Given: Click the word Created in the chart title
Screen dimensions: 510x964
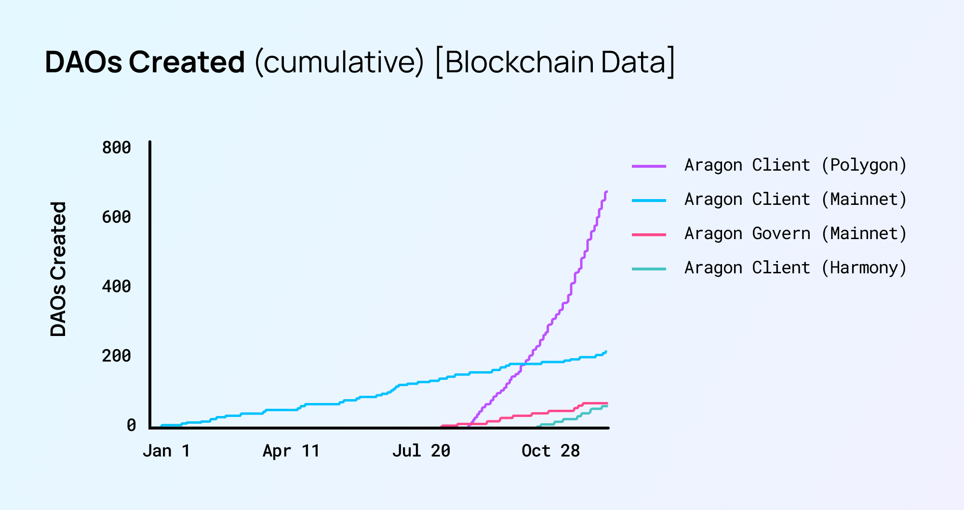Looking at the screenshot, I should point(187,62).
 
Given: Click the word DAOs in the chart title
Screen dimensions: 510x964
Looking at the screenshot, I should point(84,62).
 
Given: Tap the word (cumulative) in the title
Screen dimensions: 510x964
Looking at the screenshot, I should point(339,62).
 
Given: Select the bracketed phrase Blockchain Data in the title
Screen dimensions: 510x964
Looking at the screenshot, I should point(555,62).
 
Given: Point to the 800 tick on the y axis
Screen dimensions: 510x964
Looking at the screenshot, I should point(116,148).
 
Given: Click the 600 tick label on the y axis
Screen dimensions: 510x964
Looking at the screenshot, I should point(116,217).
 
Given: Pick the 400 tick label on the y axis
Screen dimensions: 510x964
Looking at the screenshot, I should point(116,286).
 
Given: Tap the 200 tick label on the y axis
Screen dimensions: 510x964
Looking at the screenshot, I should point(116,356).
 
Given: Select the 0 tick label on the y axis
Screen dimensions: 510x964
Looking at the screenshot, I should point(131,425).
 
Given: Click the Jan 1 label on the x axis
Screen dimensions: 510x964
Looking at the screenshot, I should point(166,451).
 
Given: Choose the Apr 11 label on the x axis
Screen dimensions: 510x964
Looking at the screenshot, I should point(291,451).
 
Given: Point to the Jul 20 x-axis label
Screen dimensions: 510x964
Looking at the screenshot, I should point(421,451).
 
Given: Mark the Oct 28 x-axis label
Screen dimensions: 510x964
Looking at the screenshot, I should point(550,451).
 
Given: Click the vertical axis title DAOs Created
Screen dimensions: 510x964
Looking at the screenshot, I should point(58,269).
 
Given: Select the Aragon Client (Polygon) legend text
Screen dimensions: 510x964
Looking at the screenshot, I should point(795,165).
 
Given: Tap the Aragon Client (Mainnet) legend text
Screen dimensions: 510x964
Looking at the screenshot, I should point(795,200).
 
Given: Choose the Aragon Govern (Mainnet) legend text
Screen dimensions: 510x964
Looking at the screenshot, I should point(795,234).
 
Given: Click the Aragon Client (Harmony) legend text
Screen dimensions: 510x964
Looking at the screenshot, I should point(795,268).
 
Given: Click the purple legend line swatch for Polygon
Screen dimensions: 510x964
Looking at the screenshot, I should point(649,166).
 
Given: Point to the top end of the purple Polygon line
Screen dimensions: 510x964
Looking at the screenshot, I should point(606,192).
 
